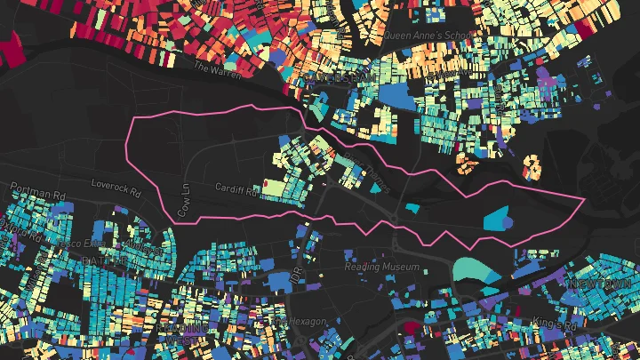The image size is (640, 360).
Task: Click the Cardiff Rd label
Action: (235, 188)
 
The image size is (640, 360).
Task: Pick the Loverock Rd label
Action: (116, 188)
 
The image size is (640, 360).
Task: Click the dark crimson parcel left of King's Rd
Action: (411, 328)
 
